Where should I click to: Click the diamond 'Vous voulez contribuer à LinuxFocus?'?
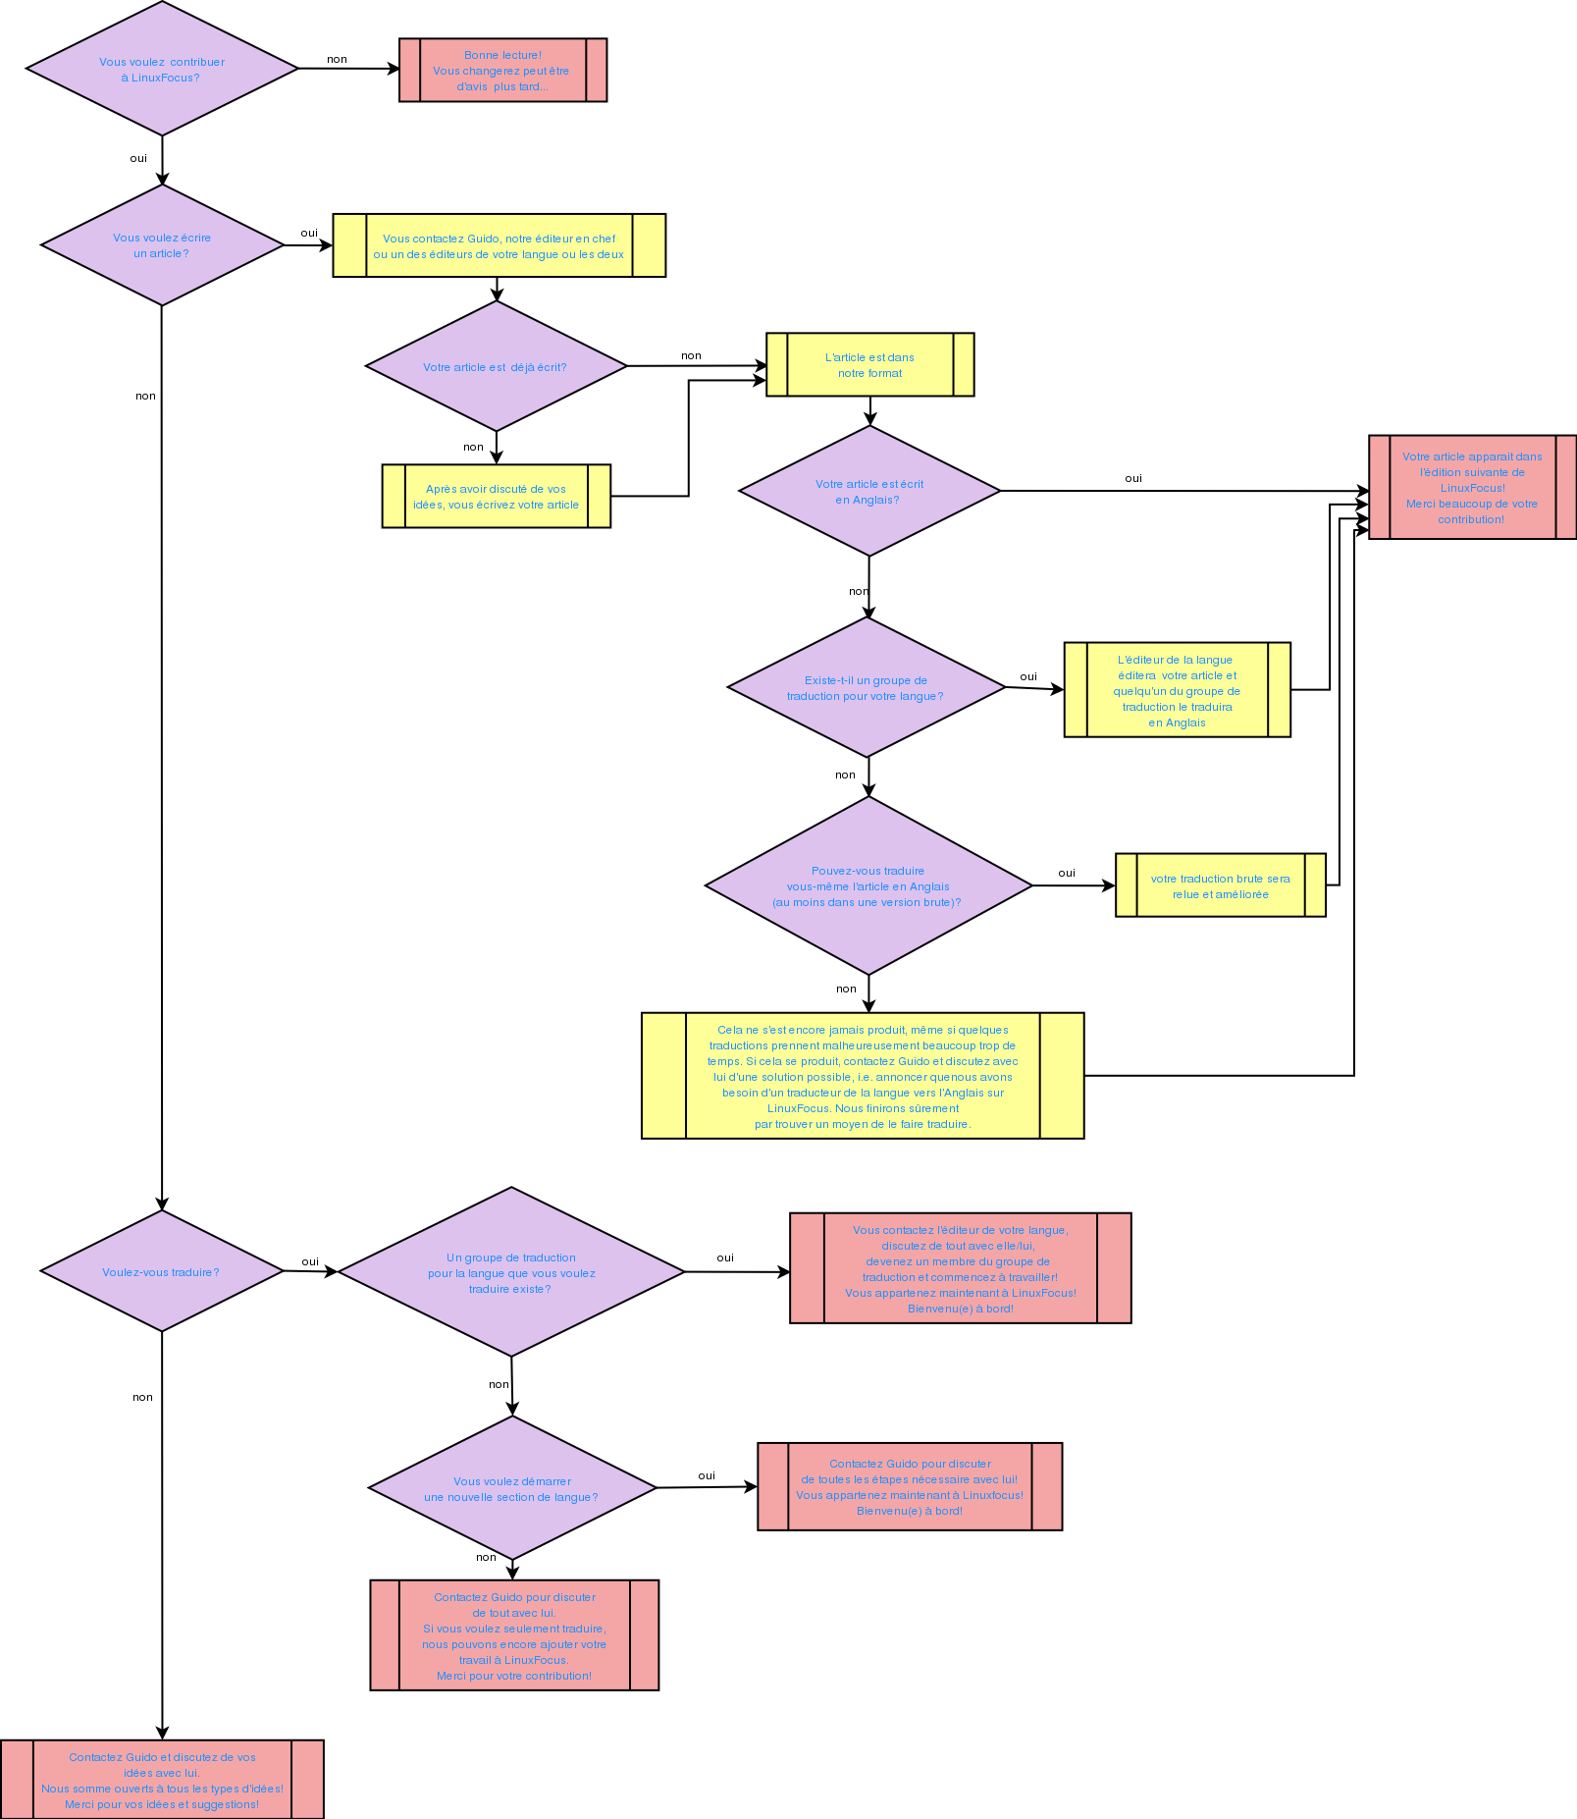click(x=162, y=69)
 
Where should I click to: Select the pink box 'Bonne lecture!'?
click(x=502, y=71)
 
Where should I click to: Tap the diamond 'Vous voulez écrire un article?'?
click(x=162, y=245)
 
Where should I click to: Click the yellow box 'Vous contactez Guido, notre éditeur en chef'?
click(x=499, y=245)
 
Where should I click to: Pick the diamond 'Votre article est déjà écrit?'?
click(x=496, y=366)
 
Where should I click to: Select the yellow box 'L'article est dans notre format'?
click(x=869, y=365)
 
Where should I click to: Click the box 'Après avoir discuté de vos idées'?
click(x=496, y=497)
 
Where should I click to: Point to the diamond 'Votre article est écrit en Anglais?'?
click(x=868, y=491)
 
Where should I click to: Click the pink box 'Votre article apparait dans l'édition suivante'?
click(x=1472, y=488)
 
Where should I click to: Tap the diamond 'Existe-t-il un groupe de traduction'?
click(x=866, y=687)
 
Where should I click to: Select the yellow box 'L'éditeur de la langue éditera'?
click(x=1177, y=690)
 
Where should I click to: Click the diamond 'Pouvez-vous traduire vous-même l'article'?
click(x=867, y=885)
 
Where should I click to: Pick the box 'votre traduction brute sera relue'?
click(x=1220, y=885)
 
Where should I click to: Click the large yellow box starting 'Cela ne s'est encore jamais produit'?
click(x=863, y=1076)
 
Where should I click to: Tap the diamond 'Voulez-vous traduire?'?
click(x=162, y=1271)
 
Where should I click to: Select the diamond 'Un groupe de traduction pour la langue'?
click(x=510, y=1272)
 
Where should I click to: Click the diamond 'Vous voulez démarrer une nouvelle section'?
click(x=511, y=1488)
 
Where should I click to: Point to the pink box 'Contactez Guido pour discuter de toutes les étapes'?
click(x=910, y=1486)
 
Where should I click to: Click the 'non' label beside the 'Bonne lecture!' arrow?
click(x=337, y=60)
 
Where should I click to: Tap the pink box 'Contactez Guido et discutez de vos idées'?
click(x=162, y=1780)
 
